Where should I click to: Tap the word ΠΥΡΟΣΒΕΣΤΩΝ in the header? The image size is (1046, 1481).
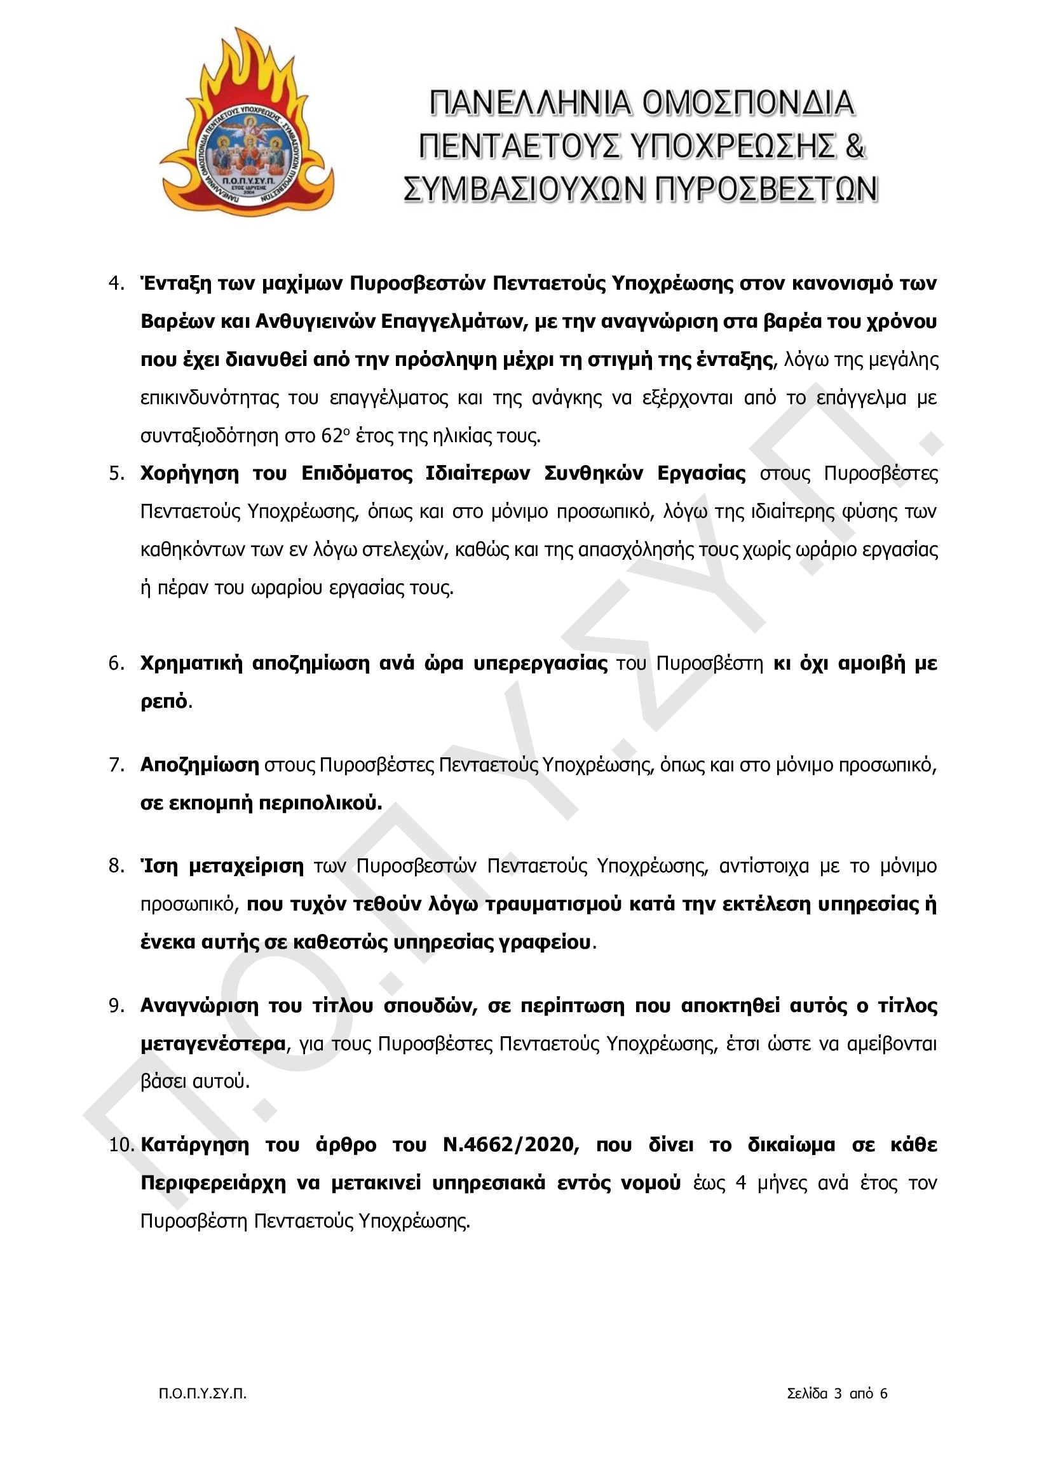click(766, 189)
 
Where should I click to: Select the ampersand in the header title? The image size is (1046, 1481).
click(854, 146)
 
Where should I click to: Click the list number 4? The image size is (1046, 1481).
click(116, 283)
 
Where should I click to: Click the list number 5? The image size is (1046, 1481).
click(116, 473)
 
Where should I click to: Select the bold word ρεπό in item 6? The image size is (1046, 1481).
click(164, 701)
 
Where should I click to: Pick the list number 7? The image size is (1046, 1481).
click(116, 765)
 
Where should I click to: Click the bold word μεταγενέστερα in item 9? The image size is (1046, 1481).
click(213, 1044)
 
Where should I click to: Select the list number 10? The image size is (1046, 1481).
click(120, 1145)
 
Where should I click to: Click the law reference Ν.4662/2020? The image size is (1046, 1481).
click(511, 1145)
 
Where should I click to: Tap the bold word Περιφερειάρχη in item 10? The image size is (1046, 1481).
click(213, 1183)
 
